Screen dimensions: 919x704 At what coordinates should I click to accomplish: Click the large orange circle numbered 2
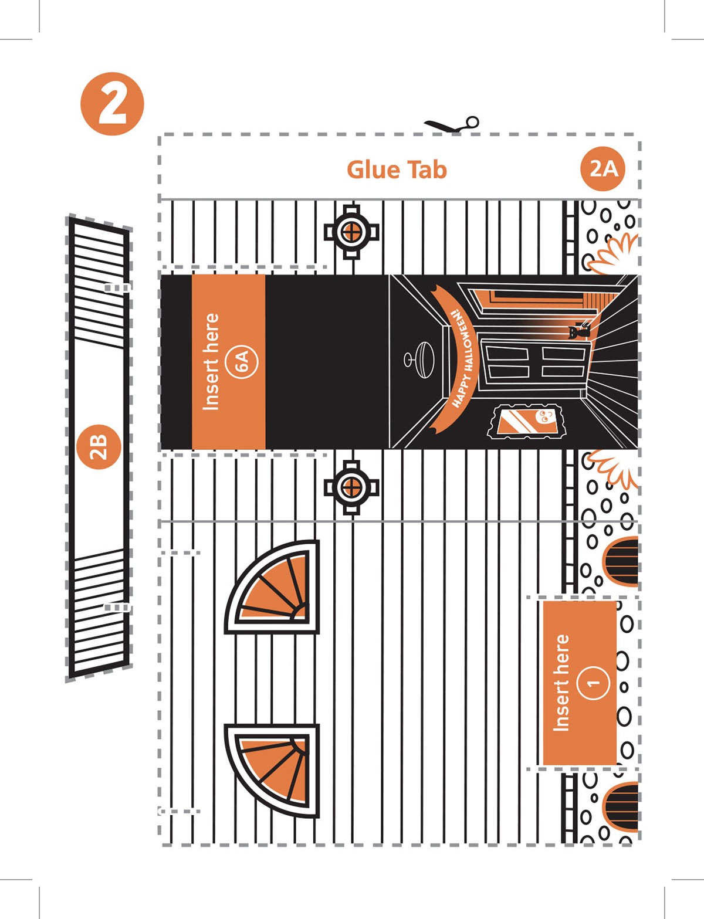click(112, 104)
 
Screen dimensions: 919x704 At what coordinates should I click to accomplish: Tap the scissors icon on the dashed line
click(452, 125)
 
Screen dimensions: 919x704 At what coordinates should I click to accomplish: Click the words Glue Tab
click(397, 169)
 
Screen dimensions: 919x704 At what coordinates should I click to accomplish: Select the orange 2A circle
click(603, 169)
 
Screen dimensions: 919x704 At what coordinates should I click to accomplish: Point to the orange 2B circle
click(99, 447)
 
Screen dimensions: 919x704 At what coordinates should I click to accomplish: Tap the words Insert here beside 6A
click(211, 361)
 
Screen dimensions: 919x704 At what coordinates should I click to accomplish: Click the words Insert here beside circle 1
click(561, 683)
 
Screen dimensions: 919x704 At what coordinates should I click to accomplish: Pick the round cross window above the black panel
click(351, 232)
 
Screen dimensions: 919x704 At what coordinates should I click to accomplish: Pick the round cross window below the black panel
click(351, 487)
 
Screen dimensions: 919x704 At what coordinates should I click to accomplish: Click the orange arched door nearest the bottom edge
click(622, 806)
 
